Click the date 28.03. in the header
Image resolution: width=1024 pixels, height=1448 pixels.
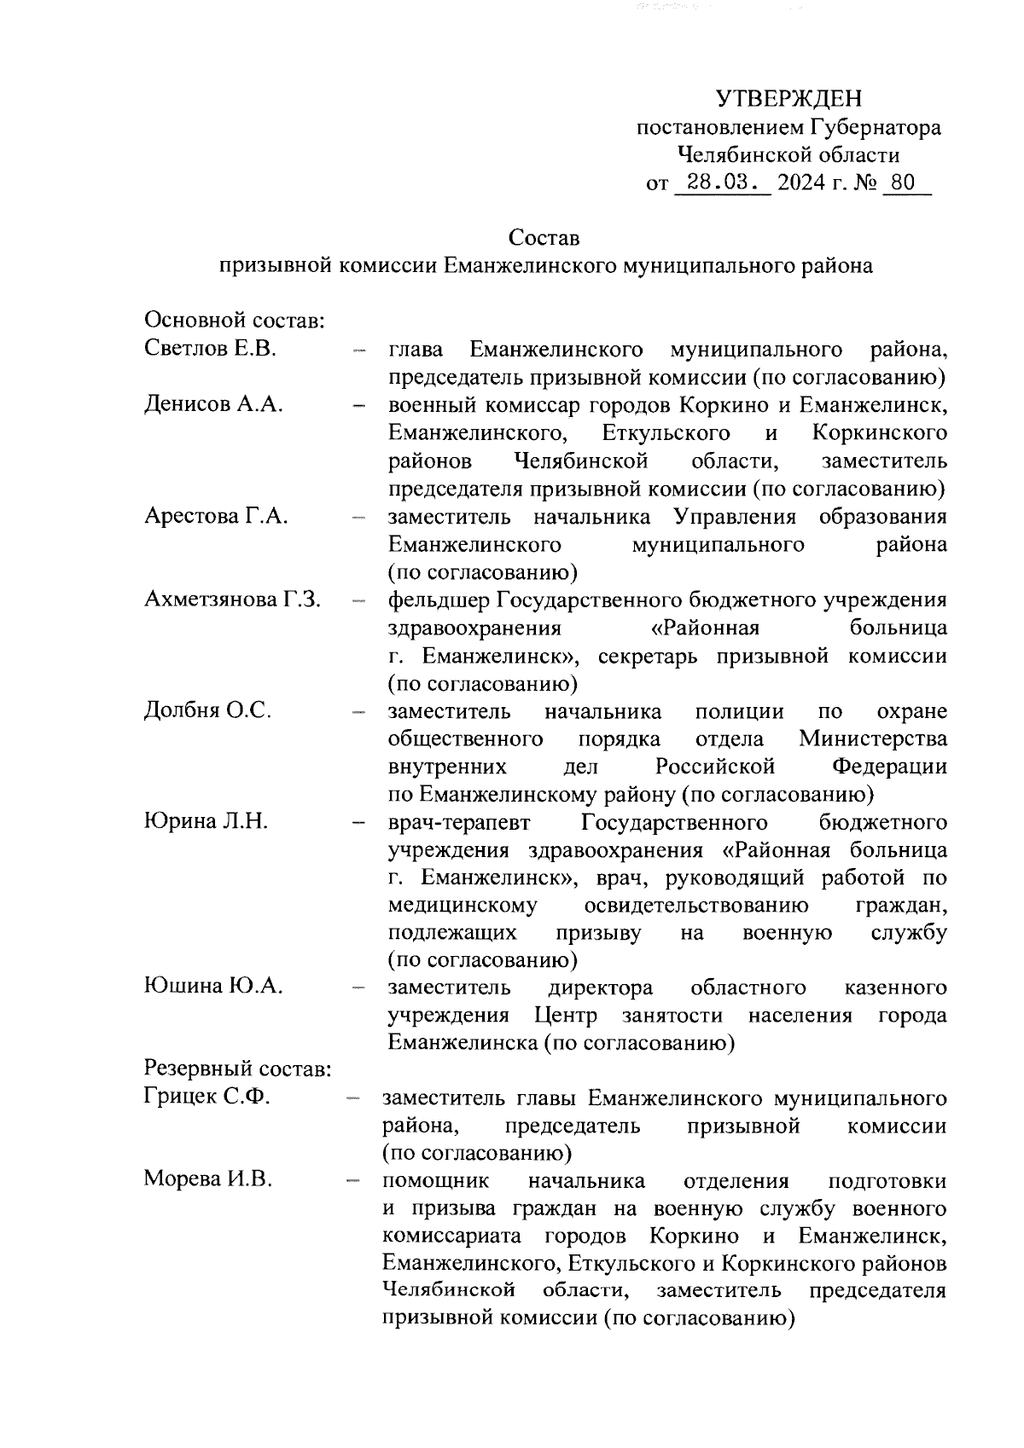coord(722,182)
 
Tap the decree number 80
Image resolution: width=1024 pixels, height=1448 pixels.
coord(902,182)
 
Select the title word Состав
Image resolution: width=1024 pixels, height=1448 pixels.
coord(544,236)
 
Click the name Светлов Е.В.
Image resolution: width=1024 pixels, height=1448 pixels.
coord(210,349)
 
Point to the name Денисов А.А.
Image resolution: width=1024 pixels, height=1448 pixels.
coord(213,404)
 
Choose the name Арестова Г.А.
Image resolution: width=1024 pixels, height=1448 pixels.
coord(216,516)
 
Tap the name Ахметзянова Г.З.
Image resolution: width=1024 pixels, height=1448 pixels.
coord(232,599)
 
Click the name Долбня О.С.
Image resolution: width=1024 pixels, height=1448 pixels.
coord(207,710)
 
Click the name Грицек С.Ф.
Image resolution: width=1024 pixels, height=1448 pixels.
coord(207,1097)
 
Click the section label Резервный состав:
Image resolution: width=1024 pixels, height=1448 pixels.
coord(237,1069)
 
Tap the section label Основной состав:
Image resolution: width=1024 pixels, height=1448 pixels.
coord(234,321)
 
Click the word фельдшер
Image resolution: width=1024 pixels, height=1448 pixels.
coord(439,600)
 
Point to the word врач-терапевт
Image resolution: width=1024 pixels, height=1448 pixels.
coord(459,822)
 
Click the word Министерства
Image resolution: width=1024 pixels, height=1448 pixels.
coord(872,738)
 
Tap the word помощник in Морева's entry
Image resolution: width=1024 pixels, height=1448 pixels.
coord(435,1181)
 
